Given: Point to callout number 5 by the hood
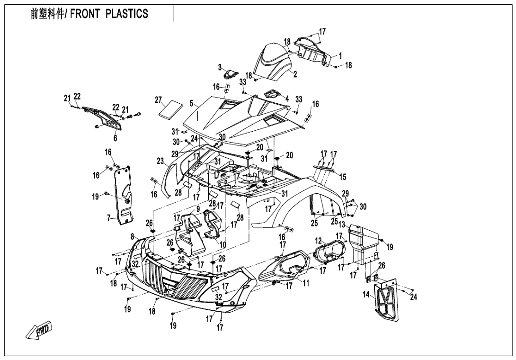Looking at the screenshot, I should point(191,103).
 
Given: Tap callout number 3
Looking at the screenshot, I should point(220,67).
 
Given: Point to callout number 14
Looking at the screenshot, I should point(366,295).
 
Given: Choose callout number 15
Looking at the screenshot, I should point(343,177).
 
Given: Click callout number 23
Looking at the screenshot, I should point(160,161).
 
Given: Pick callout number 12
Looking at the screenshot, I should point(319,241).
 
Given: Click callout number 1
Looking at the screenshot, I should point(340,56).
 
